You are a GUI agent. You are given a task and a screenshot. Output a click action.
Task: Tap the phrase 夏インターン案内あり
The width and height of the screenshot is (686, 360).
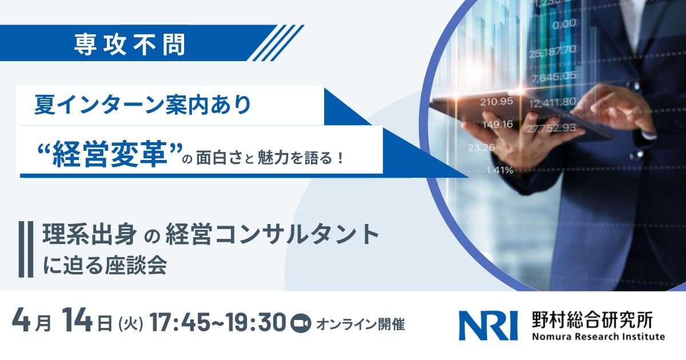tap(142, 106)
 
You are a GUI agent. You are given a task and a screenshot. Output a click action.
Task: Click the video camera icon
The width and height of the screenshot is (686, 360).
tap(299, 324)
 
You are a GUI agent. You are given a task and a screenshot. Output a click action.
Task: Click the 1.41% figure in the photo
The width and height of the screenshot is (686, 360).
tap(499, 170)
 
